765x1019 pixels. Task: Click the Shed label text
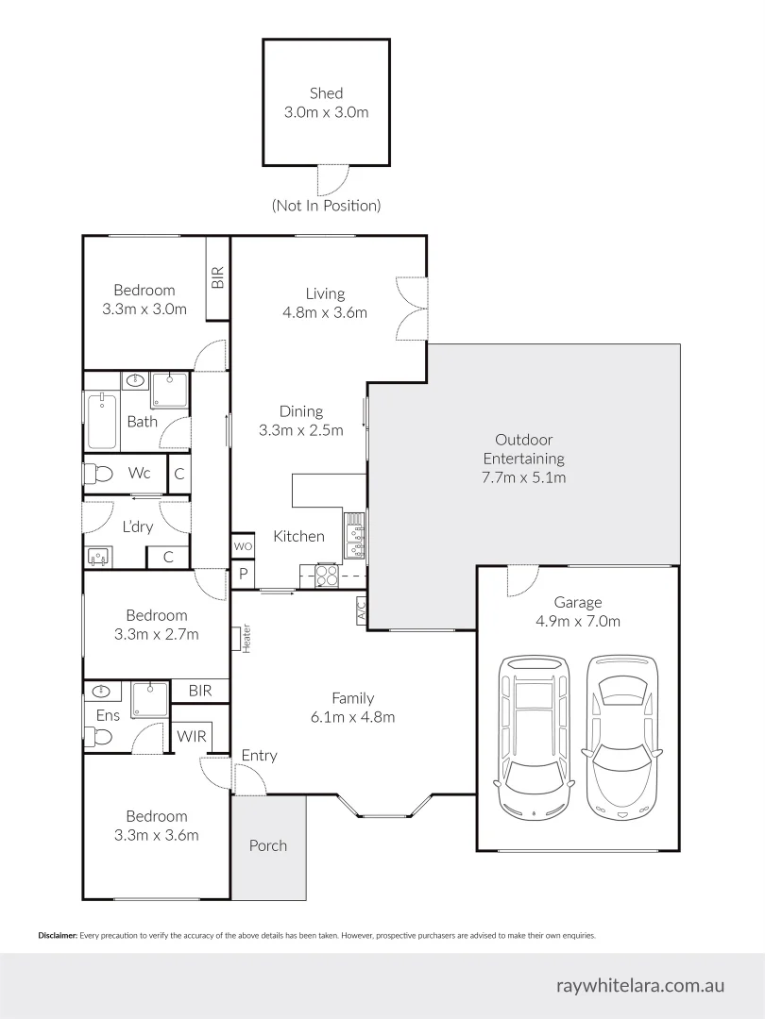pos(326,93)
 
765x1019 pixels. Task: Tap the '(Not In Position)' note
pos(326,205)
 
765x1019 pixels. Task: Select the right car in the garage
pos(620,735)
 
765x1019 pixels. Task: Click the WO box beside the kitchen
pos(243,546)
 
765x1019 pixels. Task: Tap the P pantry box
pos(243,574)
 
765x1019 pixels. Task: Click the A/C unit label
pos(361,610)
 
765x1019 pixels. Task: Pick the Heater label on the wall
pos(246,639)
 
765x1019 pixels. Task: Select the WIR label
pos(193,736)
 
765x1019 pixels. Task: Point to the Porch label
pos(267,845)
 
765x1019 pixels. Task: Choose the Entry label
pos(259,756)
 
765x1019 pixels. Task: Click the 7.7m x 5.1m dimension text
pos(524,477)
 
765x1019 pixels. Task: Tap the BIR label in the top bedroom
pos(218,277)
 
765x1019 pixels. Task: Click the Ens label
pos(108,715)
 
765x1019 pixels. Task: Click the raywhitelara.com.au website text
pos(640,985)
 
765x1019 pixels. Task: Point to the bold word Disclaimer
pos(57,936)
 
